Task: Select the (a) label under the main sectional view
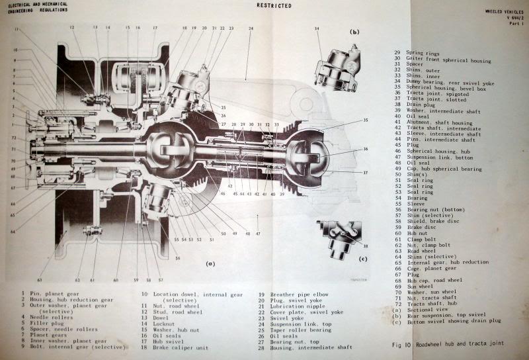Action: [211, 263]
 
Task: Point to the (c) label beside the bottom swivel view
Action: [362, 259]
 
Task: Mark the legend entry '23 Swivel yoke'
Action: [286, 318]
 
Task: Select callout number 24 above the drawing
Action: [251, 28]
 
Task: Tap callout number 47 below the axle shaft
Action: [259, 234]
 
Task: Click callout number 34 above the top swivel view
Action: [317, 29]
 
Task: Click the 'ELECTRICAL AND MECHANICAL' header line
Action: [38, 5]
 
